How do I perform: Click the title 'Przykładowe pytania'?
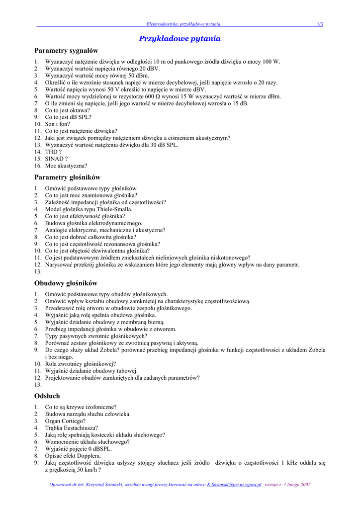coord(180,38)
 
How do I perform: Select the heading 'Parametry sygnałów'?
coord(66,51)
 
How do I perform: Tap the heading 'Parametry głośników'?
coord(67,177)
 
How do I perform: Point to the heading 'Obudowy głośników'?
coord(66,283)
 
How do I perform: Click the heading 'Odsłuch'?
coord(47,396)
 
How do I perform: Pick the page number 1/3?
coord(320,24)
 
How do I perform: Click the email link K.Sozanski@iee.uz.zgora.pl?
coord(234,485)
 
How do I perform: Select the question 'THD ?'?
coord(54,152)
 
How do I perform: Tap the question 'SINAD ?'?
coord(56,159)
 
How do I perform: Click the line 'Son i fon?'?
coord(58,124)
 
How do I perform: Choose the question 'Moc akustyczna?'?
coord(66,166)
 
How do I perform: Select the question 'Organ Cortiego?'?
coord(65,421)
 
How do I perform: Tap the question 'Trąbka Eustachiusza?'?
coord(72,427)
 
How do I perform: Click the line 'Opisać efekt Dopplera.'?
coord(73,455)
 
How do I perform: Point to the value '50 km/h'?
coord(87,469)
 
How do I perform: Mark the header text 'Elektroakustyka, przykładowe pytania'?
coord(183,24)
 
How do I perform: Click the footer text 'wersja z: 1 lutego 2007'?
coord(288,485)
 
